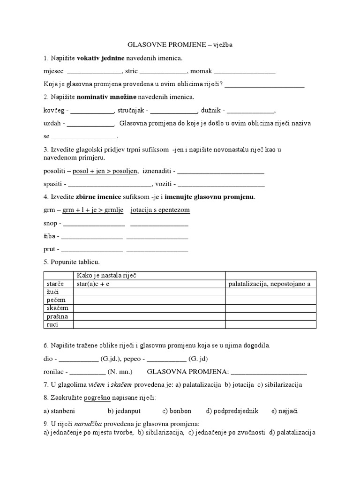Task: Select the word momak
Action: click(x=201, y=72)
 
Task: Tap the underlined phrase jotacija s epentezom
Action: click(x=160, y=210)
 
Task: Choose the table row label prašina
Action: click(x=56, y=316)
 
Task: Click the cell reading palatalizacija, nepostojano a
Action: click(x=270, y=284)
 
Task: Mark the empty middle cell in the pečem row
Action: click(x=149, y=300)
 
